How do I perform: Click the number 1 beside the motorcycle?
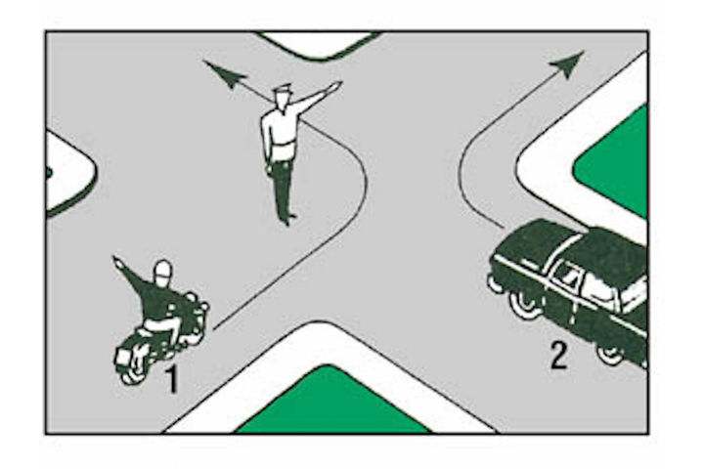coord(172,380)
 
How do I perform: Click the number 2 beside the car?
coord(559,356)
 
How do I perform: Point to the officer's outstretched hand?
coord(335,85)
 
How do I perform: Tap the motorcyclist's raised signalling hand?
coord(117,262)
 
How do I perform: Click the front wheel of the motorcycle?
coord(132,371)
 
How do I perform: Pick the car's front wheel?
coord(524,305)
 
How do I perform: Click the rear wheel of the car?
coord(610,354)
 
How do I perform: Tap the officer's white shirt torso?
coord(279,133)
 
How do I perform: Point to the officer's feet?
coord(286,219)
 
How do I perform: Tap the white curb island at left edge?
coord(68,173)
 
